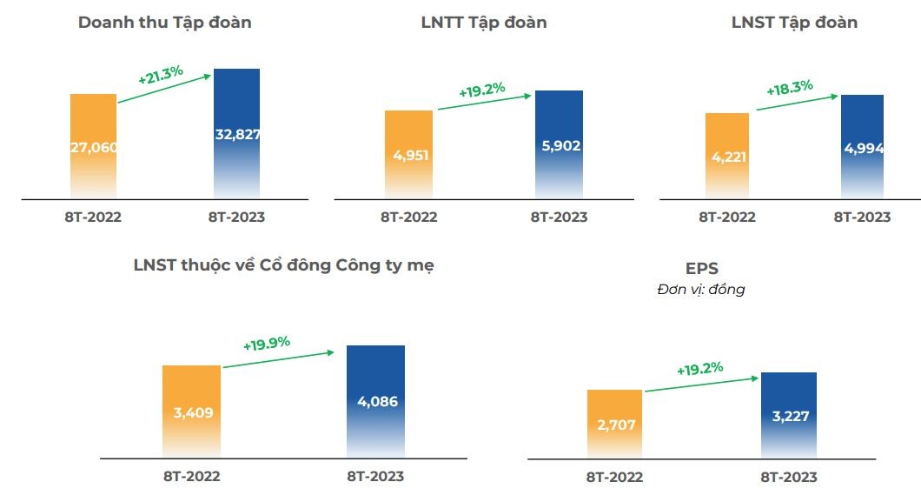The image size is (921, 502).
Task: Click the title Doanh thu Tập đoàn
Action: coord(164,23)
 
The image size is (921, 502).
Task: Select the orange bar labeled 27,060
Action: coord(93,146)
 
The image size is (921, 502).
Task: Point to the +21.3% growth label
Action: coord(161,74)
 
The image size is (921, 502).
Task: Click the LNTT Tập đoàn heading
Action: coord(484,23)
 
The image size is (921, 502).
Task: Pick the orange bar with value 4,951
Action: coord(408,155)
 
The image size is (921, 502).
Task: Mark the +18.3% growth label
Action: coord(789,87)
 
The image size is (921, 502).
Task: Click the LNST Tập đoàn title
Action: coord(794,23)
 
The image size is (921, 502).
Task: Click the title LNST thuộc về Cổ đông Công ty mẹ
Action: coord(284,265)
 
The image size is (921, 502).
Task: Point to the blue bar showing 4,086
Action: coord(375,401)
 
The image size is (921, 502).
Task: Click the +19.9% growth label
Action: coord(266,343)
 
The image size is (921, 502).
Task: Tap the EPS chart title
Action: coord(702,269)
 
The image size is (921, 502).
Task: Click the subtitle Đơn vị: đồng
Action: coord(701,290)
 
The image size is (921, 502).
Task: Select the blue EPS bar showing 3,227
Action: coord(788,415)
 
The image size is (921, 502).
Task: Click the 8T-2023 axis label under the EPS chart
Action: coord(788,477)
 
